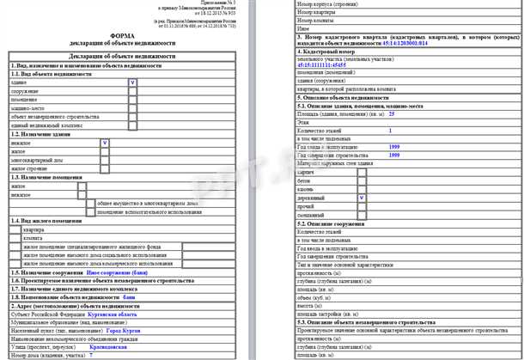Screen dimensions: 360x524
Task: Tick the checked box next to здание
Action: (x=131, y=82)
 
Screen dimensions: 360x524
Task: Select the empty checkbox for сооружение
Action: (x=131, y=90)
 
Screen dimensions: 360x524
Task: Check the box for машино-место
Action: (x=131, y=107)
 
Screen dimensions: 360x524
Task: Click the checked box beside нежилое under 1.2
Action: (x=104, y=142)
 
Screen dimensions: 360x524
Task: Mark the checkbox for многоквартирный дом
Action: (x=104, y=159)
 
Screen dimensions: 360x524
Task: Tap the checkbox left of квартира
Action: (x=16, y=230)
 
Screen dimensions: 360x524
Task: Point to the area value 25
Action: (x=392, y=113)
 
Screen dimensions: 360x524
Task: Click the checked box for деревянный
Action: (x=362, y=197)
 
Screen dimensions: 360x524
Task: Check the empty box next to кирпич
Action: (x=362, y=172)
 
